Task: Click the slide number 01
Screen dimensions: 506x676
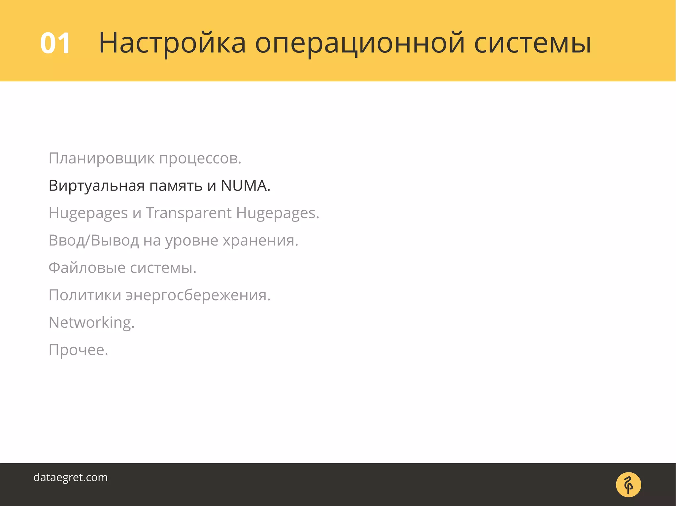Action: [x=55, y=44]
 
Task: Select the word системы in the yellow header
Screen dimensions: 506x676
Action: [x=532, y=44]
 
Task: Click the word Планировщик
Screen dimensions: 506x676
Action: [x=101, y=159]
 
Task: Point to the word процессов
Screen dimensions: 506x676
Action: [x=200, y=159]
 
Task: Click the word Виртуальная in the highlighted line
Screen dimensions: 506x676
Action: [x=96, y=186]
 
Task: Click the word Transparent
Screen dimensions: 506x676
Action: [x=188, y=213]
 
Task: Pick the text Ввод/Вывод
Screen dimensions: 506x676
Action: [x=93, y=241]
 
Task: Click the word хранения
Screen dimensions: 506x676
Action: [x=260, y=241]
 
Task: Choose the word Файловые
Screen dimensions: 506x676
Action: [x=87, y=268]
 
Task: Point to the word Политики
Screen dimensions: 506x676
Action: [x=85, y=295]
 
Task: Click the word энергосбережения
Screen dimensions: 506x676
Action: [x=198, y=295]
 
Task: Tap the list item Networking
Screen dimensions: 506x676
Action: [x=91, y=322]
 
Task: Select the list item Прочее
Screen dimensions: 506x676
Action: [x=78, y=350]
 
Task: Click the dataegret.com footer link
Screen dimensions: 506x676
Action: [x=71, y=477]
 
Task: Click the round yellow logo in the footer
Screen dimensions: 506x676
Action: [x=628, y=485]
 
